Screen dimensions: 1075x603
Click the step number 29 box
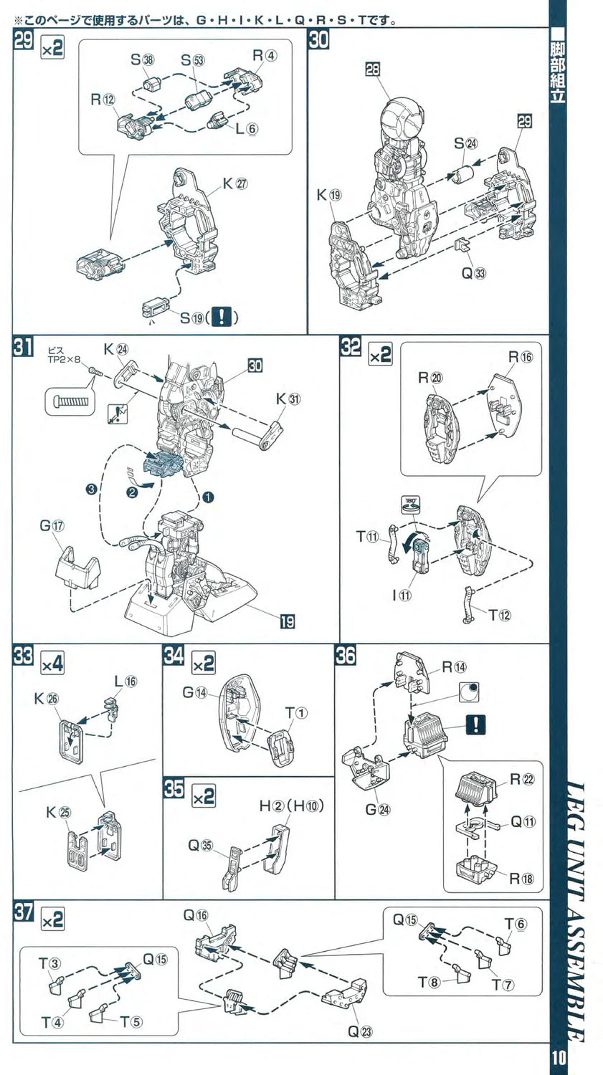[24, 40]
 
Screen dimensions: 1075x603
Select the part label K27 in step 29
[234, 183]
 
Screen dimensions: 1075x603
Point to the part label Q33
[473, 273]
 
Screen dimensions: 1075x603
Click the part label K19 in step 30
[329, 195]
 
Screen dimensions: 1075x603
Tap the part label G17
[52, 526]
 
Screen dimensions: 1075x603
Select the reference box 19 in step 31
[287, 621]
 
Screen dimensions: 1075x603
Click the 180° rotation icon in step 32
[412, 504]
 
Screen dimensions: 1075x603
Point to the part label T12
[500, 615]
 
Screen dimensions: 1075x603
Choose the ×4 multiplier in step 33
[52, 663]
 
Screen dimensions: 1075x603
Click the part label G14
[194, 692]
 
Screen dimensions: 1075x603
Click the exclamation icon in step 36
[475, 725]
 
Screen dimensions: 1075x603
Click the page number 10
[559, 1057]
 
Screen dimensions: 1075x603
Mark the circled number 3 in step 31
[91, 489]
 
